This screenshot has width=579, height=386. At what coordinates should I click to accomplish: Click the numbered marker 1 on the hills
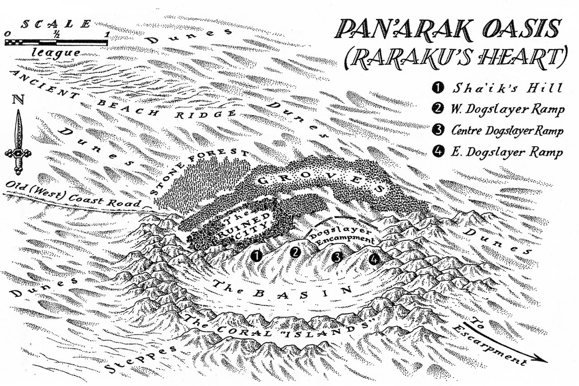[x=258, y=256]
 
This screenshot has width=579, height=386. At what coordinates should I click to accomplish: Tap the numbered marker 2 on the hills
[x=296, y=252]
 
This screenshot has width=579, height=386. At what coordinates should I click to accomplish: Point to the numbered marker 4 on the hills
[x=374, y=259]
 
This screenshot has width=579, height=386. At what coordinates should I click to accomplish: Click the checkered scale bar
[x=56, y=42]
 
